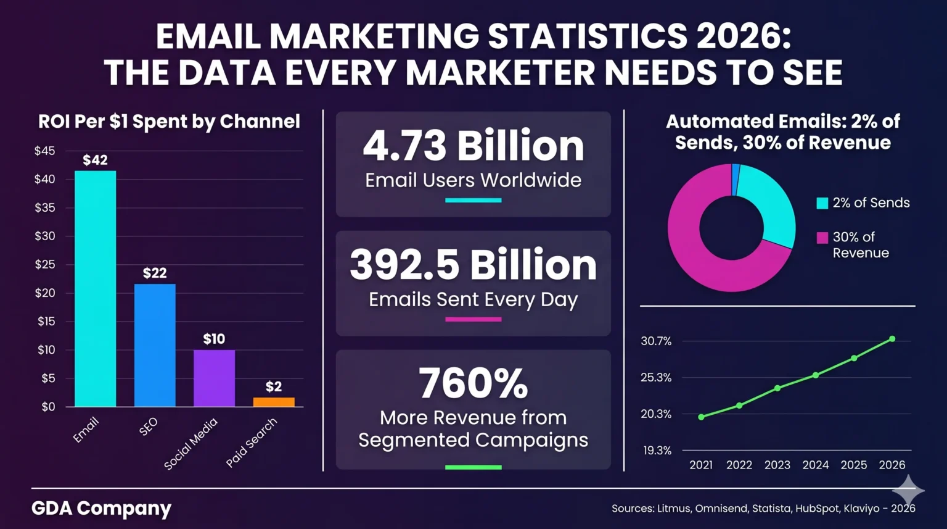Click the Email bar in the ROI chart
[x=95, y=289]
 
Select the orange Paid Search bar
[x=274, y=402]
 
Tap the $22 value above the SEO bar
[x=155, y=273]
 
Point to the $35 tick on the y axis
[x=44, y=207]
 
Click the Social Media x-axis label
[x=191, y=444]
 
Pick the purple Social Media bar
[x=214, y=378]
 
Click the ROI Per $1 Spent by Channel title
[x=169, y=122]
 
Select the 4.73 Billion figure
[x=473, y=146]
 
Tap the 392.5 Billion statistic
[x=473, y=265]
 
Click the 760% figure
[x=473, y=383]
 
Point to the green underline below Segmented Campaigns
[x=473, y=467]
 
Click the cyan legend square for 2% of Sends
[x=822, y=203]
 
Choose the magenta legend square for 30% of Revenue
[x=822, y=238]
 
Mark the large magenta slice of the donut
[x=697, y=247]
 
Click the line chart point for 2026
[x=892, y=339]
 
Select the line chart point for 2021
[x=701, y=417]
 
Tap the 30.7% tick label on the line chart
[x=656, y=341]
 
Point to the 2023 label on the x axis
[x=777, y=465]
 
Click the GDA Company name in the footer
[x=101, y=508]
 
